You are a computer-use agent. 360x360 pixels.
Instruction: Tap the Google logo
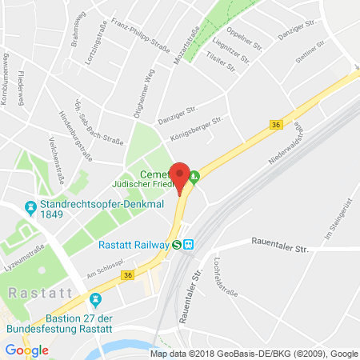pyautogui.click(x=26, y=350)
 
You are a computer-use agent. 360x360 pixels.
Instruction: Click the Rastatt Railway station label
pyautogui.click(x=132, y=245)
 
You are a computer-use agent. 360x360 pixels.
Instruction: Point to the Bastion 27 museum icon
pyautogui.click(x=95, y=300)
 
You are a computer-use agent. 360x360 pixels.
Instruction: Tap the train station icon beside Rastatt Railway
pyautogui.click(x=188, y=245)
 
